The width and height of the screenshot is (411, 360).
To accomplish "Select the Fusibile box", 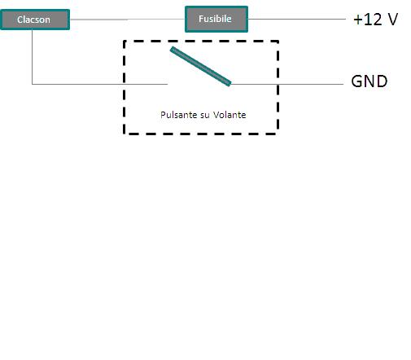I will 215,19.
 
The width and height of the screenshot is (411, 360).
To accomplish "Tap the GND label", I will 369,81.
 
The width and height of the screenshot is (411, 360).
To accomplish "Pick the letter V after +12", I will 392,20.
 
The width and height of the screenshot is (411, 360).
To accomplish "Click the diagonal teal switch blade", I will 201,66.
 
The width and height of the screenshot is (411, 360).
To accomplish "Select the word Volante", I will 230,115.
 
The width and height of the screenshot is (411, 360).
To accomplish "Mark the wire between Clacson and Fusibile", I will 128,20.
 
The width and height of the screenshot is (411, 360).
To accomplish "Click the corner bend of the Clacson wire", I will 33,83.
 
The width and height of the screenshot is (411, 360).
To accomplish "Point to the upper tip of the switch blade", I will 173,49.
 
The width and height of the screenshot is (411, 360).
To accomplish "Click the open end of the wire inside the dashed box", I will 167,83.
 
